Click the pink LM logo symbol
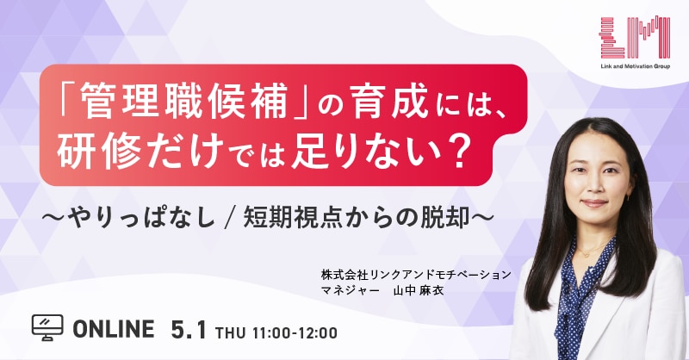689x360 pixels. pos(635,37)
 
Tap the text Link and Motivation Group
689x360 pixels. pos(635,66)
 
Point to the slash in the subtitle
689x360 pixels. pos(228,219)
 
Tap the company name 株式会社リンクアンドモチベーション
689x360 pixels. pos(416,275)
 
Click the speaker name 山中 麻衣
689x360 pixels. pos(419,290)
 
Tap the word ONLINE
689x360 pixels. pos(114,329)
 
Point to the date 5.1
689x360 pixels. pos(188,329)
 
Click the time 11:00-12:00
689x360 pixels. pos(295,332)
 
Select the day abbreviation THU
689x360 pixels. pos(231,332)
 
